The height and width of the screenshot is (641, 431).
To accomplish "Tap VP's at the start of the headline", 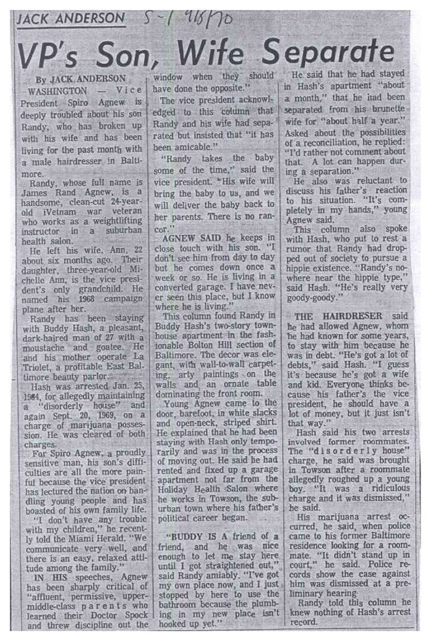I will point(50,56).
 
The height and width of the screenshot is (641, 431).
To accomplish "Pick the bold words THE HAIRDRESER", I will point(339,316).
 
